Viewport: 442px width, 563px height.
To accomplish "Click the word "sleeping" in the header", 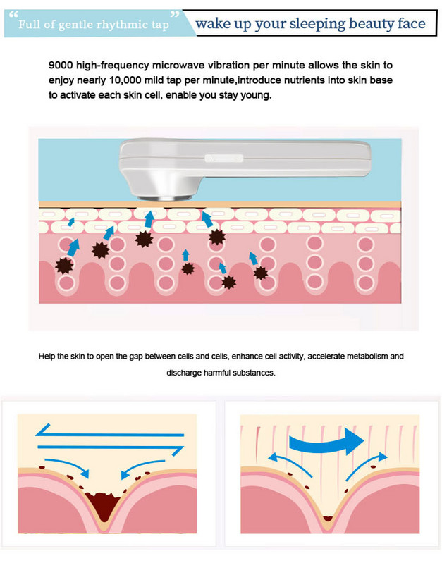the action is [317, 25].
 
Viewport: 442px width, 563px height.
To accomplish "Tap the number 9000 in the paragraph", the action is [61, 66].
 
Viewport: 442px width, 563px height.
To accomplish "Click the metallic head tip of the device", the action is [165, 198].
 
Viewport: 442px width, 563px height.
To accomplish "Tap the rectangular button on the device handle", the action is [224, 159].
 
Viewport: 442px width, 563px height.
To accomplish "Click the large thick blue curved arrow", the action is [326, 441].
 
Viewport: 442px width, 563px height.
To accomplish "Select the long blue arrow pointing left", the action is [109, 431].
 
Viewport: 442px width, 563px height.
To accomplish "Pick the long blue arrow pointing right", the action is [111, 449].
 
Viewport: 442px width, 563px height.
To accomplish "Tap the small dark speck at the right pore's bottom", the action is [327, 519].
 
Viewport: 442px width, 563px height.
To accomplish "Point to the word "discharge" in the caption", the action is [183, 373].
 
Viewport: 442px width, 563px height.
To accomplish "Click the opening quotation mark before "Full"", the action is [13, 15].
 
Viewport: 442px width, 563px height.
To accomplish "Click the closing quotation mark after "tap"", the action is [175, 15].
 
